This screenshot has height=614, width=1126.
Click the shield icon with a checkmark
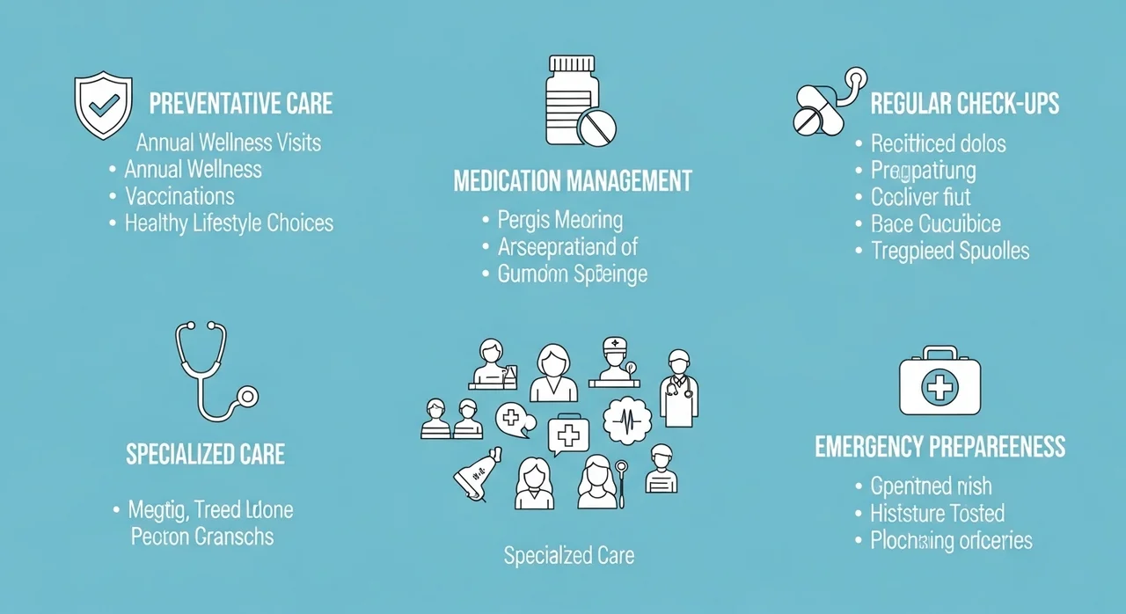point(103,105)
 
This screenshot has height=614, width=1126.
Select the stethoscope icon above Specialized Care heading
point(212,370)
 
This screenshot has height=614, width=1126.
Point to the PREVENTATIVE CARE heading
point(241,103)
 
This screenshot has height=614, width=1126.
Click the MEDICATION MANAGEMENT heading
point(573,181)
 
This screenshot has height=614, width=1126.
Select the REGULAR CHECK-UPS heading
point(964,103)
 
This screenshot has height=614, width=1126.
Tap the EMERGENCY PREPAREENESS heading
point(940,446)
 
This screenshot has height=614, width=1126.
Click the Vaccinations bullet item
point(179,195)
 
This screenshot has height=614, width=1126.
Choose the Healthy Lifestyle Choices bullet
point(229,223)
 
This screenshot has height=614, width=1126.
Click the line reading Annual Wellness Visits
point(229,142)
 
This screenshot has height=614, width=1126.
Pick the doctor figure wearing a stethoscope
point(678,387)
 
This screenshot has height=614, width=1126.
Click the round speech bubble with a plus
point(513,420)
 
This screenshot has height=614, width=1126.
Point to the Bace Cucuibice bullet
point(936,223)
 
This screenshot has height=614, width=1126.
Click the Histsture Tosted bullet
point(937,513)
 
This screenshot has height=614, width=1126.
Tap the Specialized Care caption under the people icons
point(568,556)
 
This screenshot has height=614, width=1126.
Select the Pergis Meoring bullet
point(559,220)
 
